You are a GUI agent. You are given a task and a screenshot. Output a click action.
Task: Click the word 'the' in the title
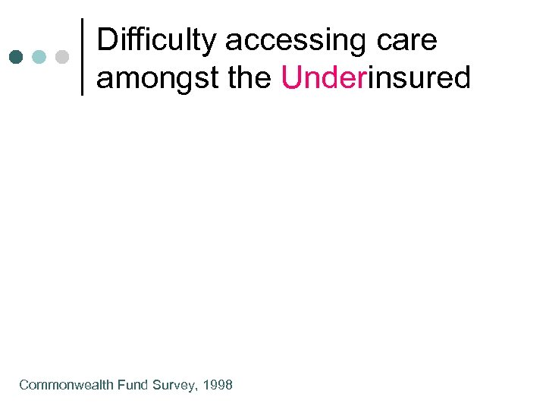(250, 77)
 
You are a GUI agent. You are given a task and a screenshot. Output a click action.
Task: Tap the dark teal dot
(17, 57)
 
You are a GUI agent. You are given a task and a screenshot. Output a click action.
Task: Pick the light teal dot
(39, 57)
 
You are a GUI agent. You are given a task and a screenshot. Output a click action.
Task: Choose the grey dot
(63, 57)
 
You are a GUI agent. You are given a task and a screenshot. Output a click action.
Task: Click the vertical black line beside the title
(82, 57)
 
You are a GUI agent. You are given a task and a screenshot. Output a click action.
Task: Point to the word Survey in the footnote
(174, 385)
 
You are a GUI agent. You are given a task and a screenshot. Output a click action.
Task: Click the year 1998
(218, 385)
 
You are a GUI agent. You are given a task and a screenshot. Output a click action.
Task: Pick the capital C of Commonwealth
(24, 385)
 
